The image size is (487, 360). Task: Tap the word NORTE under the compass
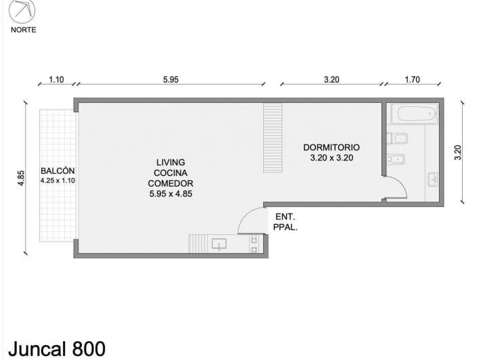click(x=23, y=30)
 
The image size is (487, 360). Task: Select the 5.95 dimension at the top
click(x=171, y=80)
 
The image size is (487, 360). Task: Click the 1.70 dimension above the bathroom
click(x=413, y=80)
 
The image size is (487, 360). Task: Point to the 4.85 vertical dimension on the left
click(x=21, y=178)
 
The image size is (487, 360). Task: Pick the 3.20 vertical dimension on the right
click(x=458, y=152)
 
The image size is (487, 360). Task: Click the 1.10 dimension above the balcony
click(x=56, y=80)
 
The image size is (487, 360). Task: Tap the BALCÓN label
click(x=57, y=171)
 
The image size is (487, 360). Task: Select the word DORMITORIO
click(x=331, y=148)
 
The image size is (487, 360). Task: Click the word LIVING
click(x=170, y=162)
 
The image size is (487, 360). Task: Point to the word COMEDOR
click(x=170, y=183)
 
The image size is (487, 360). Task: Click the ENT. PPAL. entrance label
click(x=285, y=222)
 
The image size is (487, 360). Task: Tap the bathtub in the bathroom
click(x=415, y=114)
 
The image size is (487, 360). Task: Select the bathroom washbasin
click(x=433, y=179)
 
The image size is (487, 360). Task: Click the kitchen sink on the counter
click(x=219, y=244)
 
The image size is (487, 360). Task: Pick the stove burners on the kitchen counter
click(x=254, y=244)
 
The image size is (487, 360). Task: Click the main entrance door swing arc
click(x=248, y=215)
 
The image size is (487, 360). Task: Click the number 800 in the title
click(x=89, y=348)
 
